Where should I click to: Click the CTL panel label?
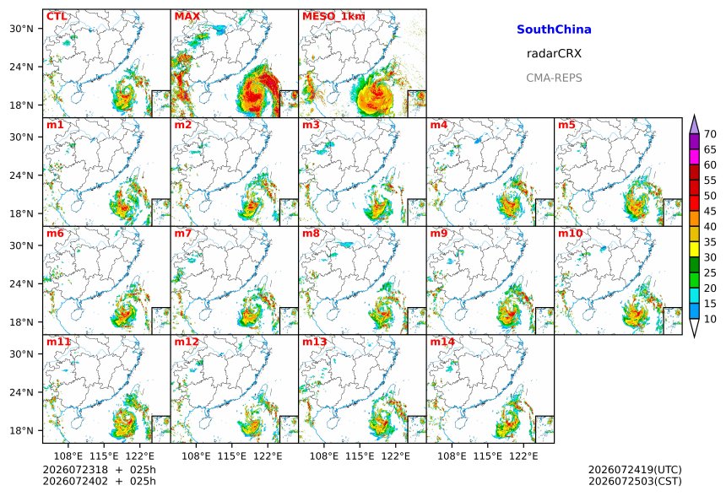click(57, 17)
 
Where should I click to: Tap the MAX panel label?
click(187, 17)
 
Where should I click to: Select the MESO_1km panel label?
click(333, 17)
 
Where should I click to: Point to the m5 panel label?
click(566, 125)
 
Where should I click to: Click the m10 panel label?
click(570, 233)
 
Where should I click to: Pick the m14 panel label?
click(442, 342)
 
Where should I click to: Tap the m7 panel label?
click(183, 233)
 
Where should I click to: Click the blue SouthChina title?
click(554, 30)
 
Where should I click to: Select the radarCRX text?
click(554, 54)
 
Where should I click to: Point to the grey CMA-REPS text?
click(554, 78)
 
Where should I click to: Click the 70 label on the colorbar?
click(710, 134)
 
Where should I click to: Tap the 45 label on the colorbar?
click(710, 211)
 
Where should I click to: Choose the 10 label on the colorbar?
click(710, 319)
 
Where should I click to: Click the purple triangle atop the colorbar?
click(694, 125)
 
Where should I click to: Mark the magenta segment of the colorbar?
click(694, 157)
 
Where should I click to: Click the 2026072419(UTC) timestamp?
click(635, 470)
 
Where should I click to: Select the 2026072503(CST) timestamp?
click(635, 481)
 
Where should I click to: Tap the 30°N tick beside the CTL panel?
click(21, 29)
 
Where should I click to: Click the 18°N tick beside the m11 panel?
click(21, 431)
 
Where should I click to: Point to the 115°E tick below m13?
click(360, 456)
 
